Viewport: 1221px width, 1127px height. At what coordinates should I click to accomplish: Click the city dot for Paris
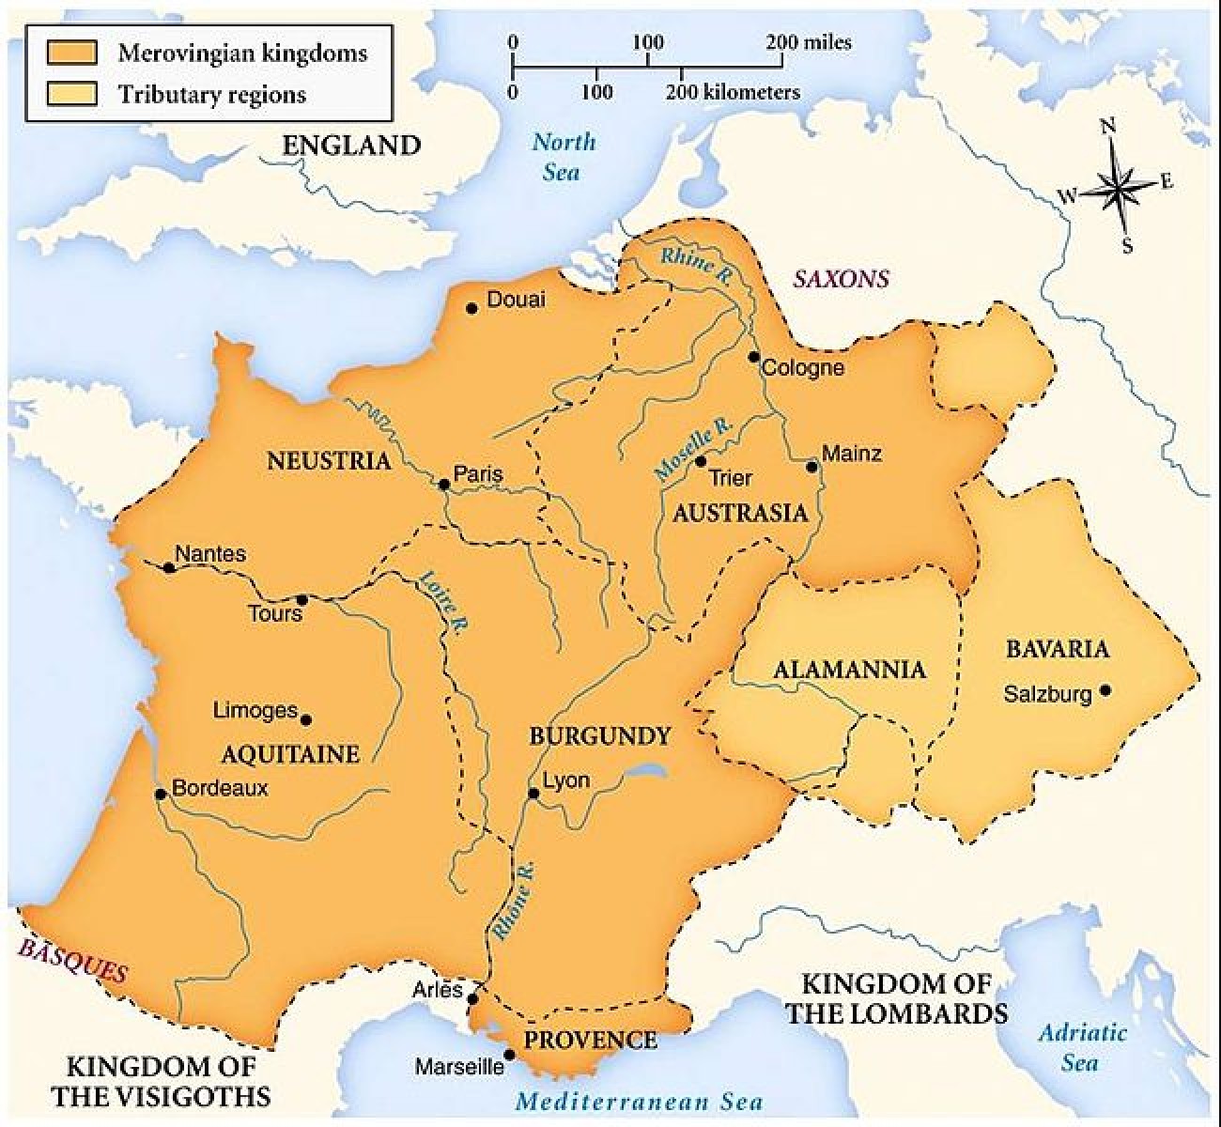pyautogui.click(x=443, y=485)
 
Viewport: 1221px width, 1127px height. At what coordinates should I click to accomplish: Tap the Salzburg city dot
pyautogui.click(x=1105, y=690)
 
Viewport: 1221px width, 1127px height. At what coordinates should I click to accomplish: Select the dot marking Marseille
pyautogui.click(x=509, y=1054)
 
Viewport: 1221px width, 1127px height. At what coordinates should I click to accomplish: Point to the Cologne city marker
pyautogui.click(x=753, y=357)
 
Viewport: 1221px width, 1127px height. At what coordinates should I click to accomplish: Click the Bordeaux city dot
pyautogui.click(x=161, y=794)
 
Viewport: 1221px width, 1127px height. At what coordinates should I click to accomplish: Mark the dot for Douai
pyautogui.click(x=471, y=307)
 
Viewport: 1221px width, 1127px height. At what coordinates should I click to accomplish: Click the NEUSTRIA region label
pyautogui.click(x=328, y=461)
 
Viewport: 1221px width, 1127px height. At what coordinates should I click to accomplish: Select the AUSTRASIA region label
pyautogui.click(x=740, y=513)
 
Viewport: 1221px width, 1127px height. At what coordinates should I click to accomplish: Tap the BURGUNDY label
pyautogui.click(x=600, y=735)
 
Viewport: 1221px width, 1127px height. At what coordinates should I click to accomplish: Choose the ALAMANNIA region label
pyautogui.click(x=849, y=670)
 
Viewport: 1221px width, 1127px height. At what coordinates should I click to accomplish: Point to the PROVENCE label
pyautogui.click(x=590, y=1041)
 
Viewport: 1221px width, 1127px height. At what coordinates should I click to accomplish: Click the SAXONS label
pyautogui.click(x=841, y=279)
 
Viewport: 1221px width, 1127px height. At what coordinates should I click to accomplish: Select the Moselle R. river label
pyautogui.click(x=694, y=449)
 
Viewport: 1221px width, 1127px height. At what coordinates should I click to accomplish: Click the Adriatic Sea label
pyautogui.click(x=1081, y=1047)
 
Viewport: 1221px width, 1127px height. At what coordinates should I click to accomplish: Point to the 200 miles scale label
pyautogui.click(x=810, y=42)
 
